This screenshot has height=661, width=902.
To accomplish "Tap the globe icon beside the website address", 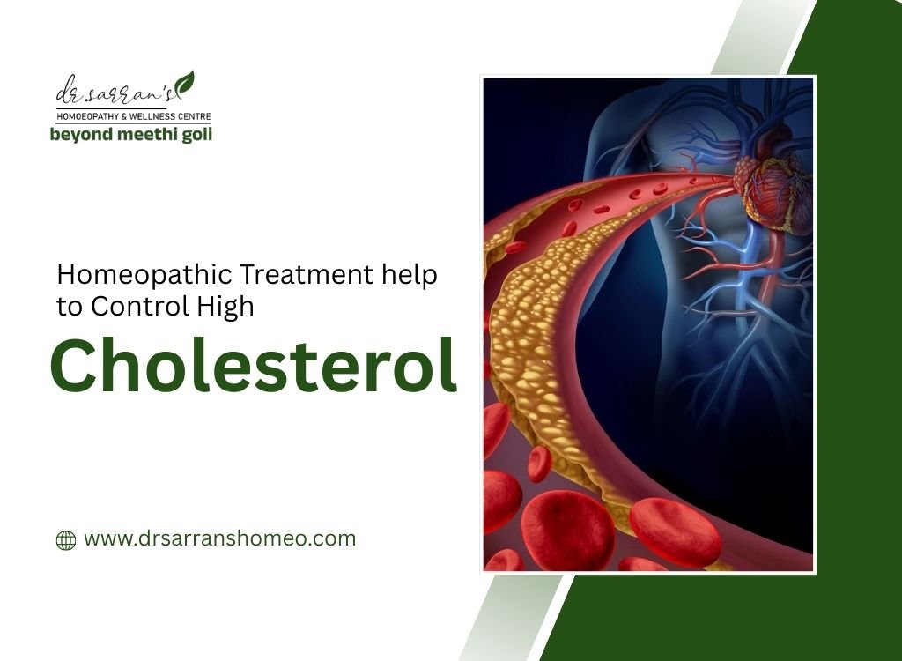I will [66, 539].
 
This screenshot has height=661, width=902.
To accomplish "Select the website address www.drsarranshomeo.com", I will [219, 538].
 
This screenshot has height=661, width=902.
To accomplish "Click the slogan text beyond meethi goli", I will [130, 134].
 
